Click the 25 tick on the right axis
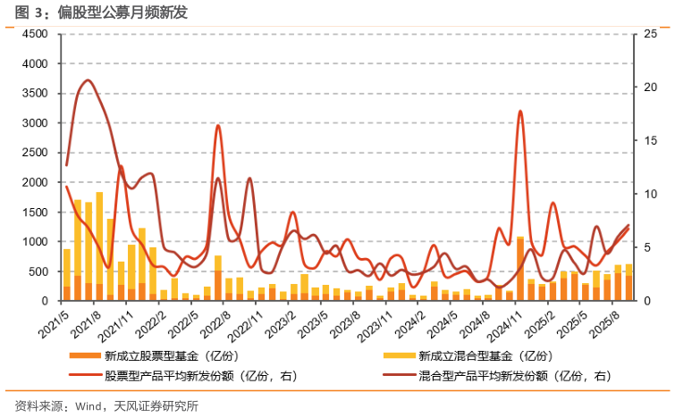(x=655, y=34)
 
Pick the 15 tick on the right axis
(x=655, y=140)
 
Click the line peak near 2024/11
(x=520, y=111)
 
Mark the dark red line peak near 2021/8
(x=87, y=80)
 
